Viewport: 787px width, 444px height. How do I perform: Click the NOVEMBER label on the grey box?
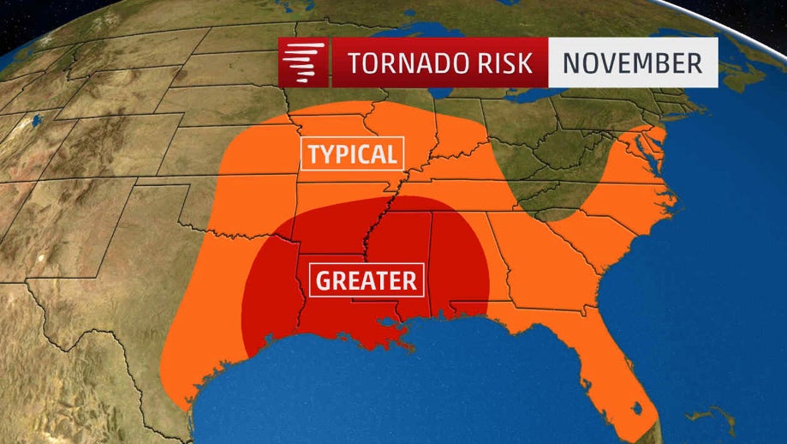tap(632, 63)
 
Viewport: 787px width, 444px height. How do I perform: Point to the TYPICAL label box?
tap(352, 154)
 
